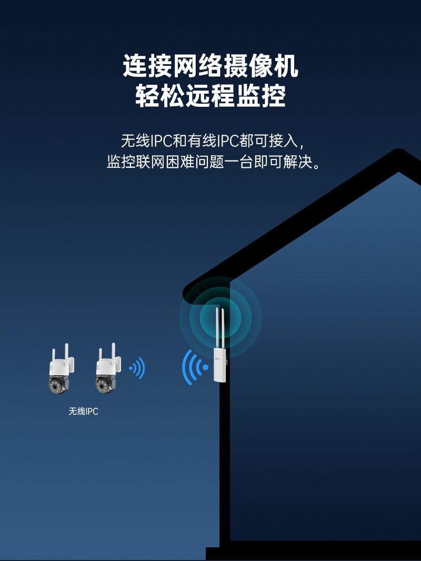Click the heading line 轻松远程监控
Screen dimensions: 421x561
point(210,96)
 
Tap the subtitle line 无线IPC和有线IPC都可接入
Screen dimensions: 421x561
point(210,141)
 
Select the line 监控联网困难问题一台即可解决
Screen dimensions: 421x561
point(213,162)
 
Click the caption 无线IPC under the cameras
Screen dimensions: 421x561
point(83,412)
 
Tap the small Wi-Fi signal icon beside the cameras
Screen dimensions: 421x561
point(137,368)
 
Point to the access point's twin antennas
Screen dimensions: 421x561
point(220,326)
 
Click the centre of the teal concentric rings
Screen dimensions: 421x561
point(220,317)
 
